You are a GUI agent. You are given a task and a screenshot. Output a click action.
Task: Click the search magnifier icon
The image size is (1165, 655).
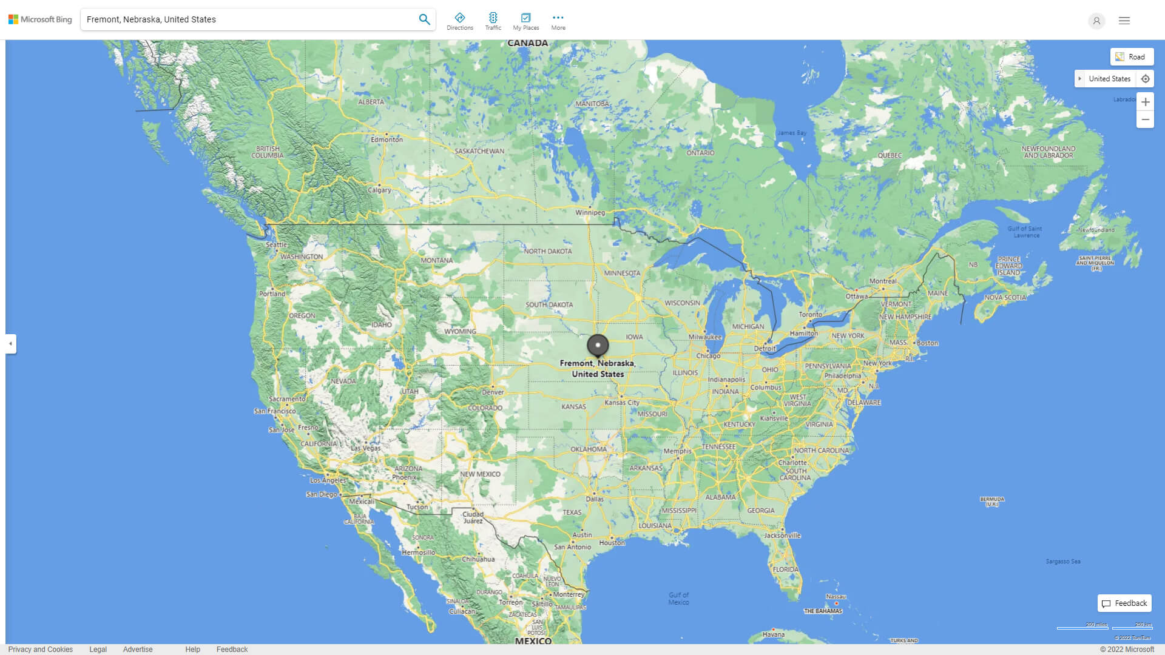[424, 19]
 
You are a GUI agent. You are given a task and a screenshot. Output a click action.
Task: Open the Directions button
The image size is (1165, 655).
[460, 21]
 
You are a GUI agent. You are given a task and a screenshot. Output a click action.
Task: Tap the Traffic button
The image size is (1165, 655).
[493, 21]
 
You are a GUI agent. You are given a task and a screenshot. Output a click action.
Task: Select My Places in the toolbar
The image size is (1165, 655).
[525, 21]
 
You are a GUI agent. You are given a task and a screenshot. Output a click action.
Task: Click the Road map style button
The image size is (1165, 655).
[1132, 57]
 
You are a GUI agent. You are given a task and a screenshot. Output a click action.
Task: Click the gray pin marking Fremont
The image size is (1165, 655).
[598, 346]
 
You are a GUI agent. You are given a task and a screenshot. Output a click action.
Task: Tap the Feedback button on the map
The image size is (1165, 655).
[1124, 603]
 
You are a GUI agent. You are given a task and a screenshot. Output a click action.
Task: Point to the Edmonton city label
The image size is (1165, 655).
[387, 139]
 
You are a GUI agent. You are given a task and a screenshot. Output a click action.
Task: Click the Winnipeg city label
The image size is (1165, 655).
[590, 213]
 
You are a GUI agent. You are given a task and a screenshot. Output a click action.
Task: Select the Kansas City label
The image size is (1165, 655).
[621, 403]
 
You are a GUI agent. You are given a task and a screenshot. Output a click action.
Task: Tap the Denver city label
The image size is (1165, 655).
[493, 392]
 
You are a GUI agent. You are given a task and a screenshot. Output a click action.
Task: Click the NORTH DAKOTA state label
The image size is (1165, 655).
[547, 251]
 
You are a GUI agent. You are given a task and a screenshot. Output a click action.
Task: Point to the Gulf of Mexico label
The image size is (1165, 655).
[678, 599]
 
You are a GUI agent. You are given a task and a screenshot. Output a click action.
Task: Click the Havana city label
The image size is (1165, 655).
[773, 634]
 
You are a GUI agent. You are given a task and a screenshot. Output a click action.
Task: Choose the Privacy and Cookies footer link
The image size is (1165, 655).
[41, 650]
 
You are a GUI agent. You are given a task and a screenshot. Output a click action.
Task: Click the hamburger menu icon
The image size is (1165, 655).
[1124, 21]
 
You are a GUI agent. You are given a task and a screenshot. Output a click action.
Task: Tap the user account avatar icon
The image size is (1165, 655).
[1096, 21]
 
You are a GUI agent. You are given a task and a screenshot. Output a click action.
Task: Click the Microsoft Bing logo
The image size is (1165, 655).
[40, 19]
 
